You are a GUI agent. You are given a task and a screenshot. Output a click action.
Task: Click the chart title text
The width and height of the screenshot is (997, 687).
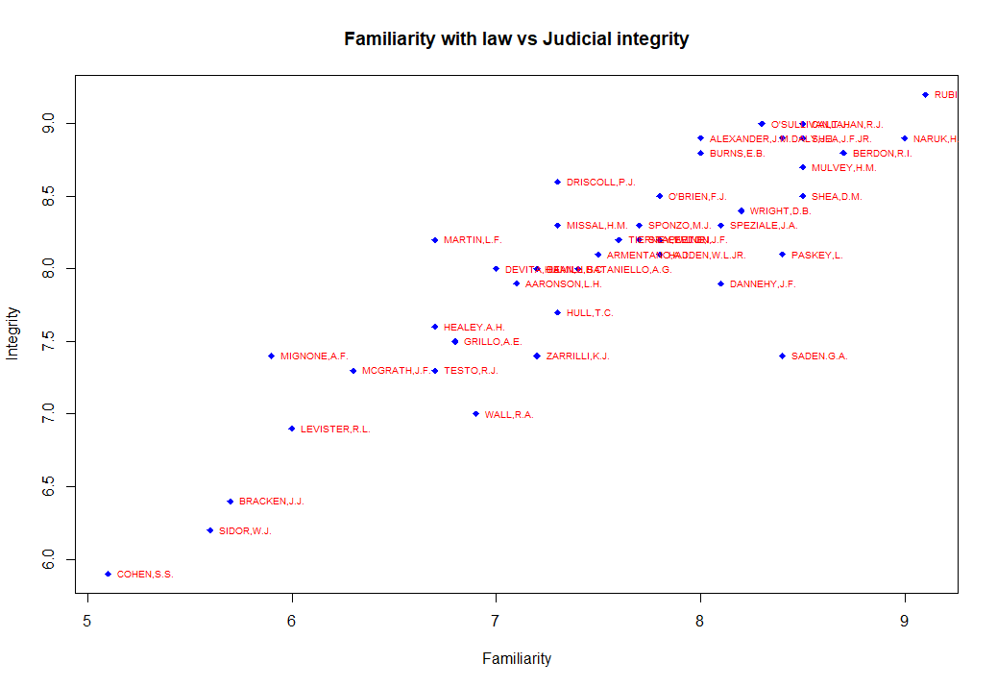pos(516,39)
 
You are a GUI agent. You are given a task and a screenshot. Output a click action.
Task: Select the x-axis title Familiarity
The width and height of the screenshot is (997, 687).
pos(517,659)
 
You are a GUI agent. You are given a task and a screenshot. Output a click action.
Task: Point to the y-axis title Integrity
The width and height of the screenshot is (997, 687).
pos(12,332)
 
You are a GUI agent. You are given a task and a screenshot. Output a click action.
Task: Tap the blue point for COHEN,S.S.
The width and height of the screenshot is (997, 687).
pos(108,574)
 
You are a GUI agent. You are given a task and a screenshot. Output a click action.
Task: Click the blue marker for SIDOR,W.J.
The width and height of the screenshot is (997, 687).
pos(209,530)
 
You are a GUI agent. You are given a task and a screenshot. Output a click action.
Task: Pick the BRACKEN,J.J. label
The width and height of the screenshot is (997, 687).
pos(271,502)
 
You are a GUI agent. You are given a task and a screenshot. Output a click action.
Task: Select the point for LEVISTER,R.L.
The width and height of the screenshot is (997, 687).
pos(292,429)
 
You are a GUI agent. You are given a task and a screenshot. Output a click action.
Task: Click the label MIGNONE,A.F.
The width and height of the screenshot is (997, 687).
pos(313,356)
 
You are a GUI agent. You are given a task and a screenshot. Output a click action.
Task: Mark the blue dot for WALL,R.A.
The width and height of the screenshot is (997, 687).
pos(475,414)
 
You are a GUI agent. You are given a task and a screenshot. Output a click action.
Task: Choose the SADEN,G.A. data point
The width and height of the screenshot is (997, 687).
pos(782,356)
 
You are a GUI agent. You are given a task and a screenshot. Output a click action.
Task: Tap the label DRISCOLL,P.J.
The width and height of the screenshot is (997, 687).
pos(600,182)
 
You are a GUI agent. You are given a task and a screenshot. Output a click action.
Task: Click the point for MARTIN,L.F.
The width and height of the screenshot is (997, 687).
pos(434,240)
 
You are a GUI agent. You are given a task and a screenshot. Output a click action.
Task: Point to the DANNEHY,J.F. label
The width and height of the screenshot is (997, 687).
pos(762,284)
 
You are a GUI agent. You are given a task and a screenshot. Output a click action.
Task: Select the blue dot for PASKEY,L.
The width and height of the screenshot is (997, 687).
pos(782,255)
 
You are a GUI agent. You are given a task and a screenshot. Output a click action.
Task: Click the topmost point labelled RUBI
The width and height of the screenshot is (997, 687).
pos(925,95)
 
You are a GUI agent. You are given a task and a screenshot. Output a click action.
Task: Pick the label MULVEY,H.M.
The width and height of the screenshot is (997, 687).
pos(843,168)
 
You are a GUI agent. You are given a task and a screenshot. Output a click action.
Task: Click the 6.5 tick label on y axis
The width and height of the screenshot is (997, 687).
pos(59,487)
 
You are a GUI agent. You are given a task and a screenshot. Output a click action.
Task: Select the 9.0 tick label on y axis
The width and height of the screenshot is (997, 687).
pos(59,124)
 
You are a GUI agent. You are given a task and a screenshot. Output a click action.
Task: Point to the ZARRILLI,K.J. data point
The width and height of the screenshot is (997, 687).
pos(537,356)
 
